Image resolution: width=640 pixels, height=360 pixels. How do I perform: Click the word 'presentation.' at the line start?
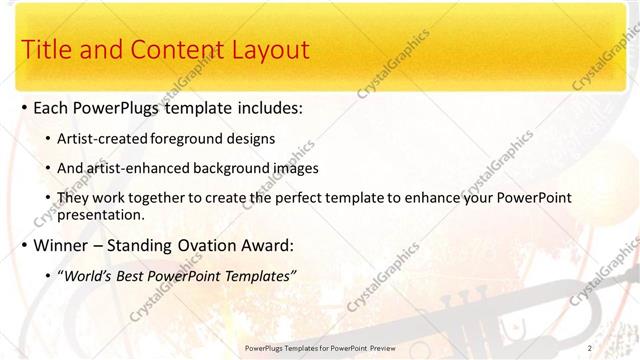pyautogui.click(x=103, y=214)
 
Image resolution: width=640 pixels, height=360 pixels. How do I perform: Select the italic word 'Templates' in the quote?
pyautogui.click(x=258, y=276)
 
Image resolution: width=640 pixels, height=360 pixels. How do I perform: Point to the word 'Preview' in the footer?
pyautogui.click(x=377, y=347)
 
